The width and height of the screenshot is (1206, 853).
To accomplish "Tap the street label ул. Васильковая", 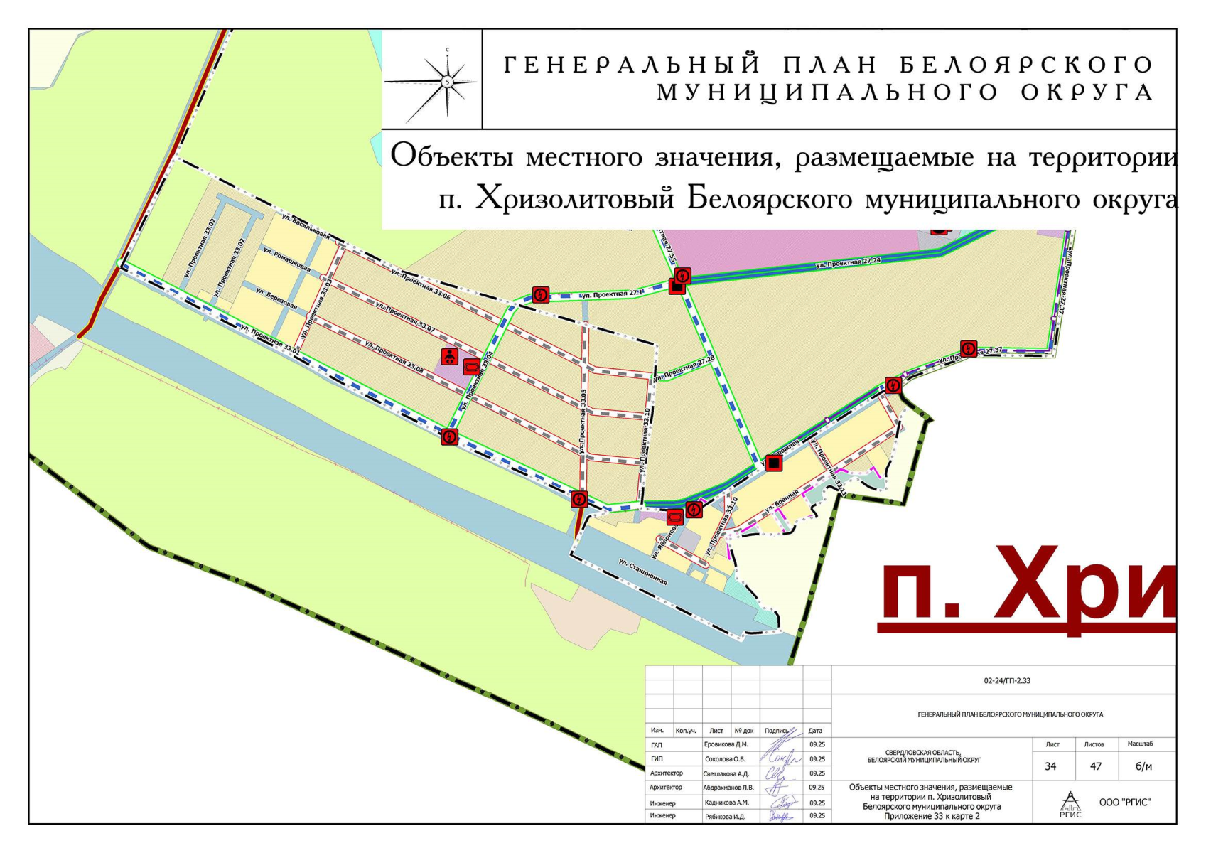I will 306,225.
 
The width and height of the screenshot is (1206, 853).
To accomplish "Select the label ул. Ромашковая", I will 286,259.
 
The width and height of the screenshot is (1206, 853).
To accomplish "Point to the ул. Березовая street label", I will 276,298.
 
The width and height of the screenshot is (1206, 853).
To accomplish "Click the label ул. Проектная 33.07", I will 405,317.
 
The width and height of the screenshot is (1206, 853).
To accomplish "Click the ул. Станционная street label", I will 642,572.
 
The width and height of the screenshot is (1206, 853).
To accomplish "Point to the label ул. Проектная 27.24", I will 848,264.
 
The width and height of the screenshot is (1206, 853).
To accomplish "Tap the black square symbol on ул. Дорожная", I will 774,463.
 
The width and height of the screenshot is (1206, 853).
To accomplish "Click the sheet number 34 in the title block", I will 1050,766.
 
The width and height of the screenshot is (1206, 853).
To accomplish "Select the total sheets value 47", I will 1095,766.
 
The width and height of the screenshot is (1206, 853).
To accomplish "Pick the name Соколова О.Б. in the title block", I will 725,759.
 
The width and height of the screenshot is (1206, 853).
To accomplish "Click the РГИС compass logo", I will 1070,804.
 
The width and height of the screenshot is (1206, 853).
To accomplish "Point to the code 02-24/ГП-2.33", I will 1007,681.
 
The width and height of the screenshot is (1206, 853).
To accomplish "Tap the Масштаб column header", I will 1140,744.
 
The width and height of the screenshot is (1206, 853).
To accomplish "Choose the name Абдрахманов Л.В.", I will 728,788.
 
